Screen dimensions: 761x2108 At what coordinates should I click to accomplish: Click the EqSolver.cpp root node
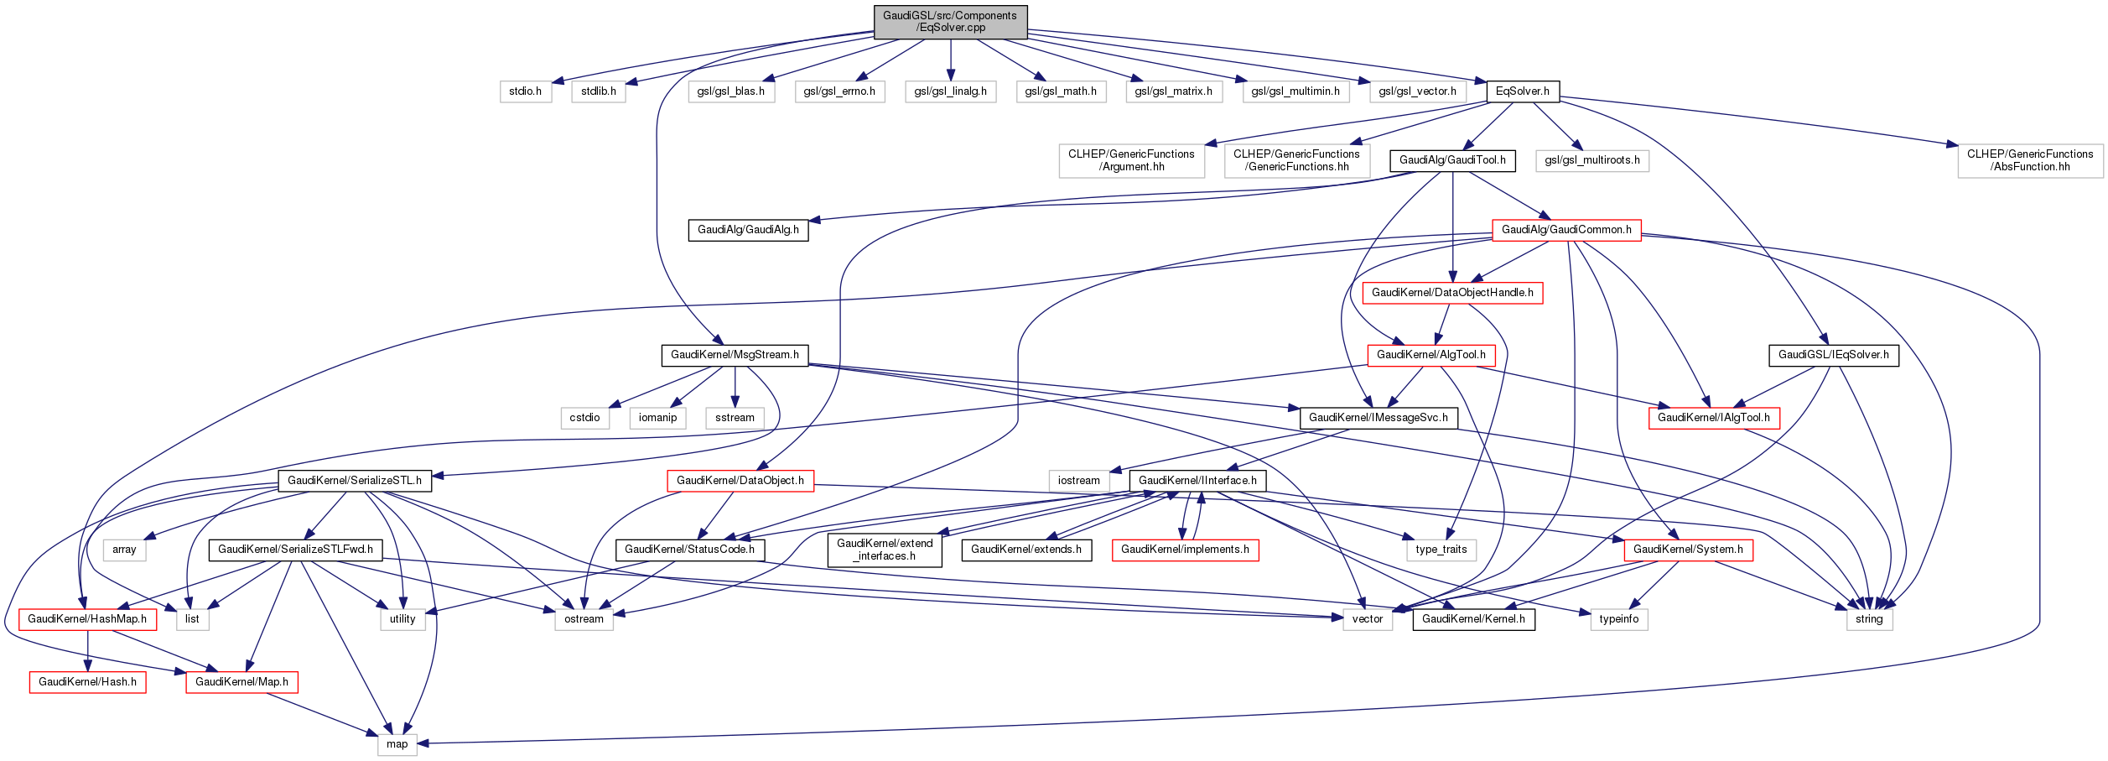point(950,22)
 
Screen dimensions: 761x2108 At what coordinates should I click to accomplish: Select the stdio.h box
point(526,91)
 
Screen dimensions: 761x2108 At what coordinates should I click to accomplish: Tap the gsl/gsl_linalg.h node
point(950,91)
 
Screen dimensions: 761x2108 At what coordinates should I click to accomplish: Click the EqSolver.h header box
point(1523,91)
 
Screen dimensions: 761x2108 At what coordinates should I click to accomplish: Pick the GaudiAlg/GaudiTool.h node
point(1452,160)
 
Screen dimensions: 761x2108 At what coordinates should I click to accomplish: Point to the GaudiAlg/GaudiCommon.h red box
point(1566,230)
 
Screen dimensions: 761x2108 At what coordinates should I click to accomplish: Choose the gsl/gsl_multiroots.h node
point(1592,160)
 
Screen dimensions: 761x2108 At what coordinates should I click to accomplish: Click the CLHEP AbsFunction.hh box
point(2030,160)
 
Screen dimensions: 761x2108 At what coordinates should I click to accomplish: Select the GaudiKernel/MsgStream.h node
point(735,355)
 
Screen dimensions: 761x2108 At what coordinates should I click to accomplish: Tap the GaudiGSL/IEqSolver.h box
point(1834,355)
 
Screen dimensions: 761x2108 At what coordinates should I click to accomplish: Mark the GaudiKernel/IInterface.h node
point(1197,481)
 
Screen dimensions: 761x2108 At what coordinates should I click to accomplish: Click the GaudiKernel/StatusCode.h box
point(689,550)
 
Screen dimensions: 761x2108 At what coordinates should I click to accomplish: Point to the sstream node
point(735,418)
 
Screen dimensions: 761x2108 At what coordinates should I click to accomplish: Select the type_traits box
point(1441,550)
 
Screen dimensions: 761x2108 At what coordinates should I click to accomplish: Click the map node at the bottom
point(397,744)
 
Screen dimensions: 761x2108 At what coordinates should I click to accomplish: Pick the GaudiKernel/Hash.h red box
point(87,682)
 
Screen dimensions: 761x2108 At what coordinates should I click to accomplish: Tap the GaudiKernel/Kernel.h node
point(1473,619)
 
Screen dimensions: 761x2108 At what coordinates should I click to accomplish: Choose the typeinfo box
point(1618,619)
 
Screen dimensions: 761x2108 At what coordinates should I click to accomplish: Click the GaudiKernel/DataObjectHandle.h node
point(1452,293)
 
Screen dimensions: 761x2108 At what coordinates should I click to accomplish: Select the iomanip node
point(657,418)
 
